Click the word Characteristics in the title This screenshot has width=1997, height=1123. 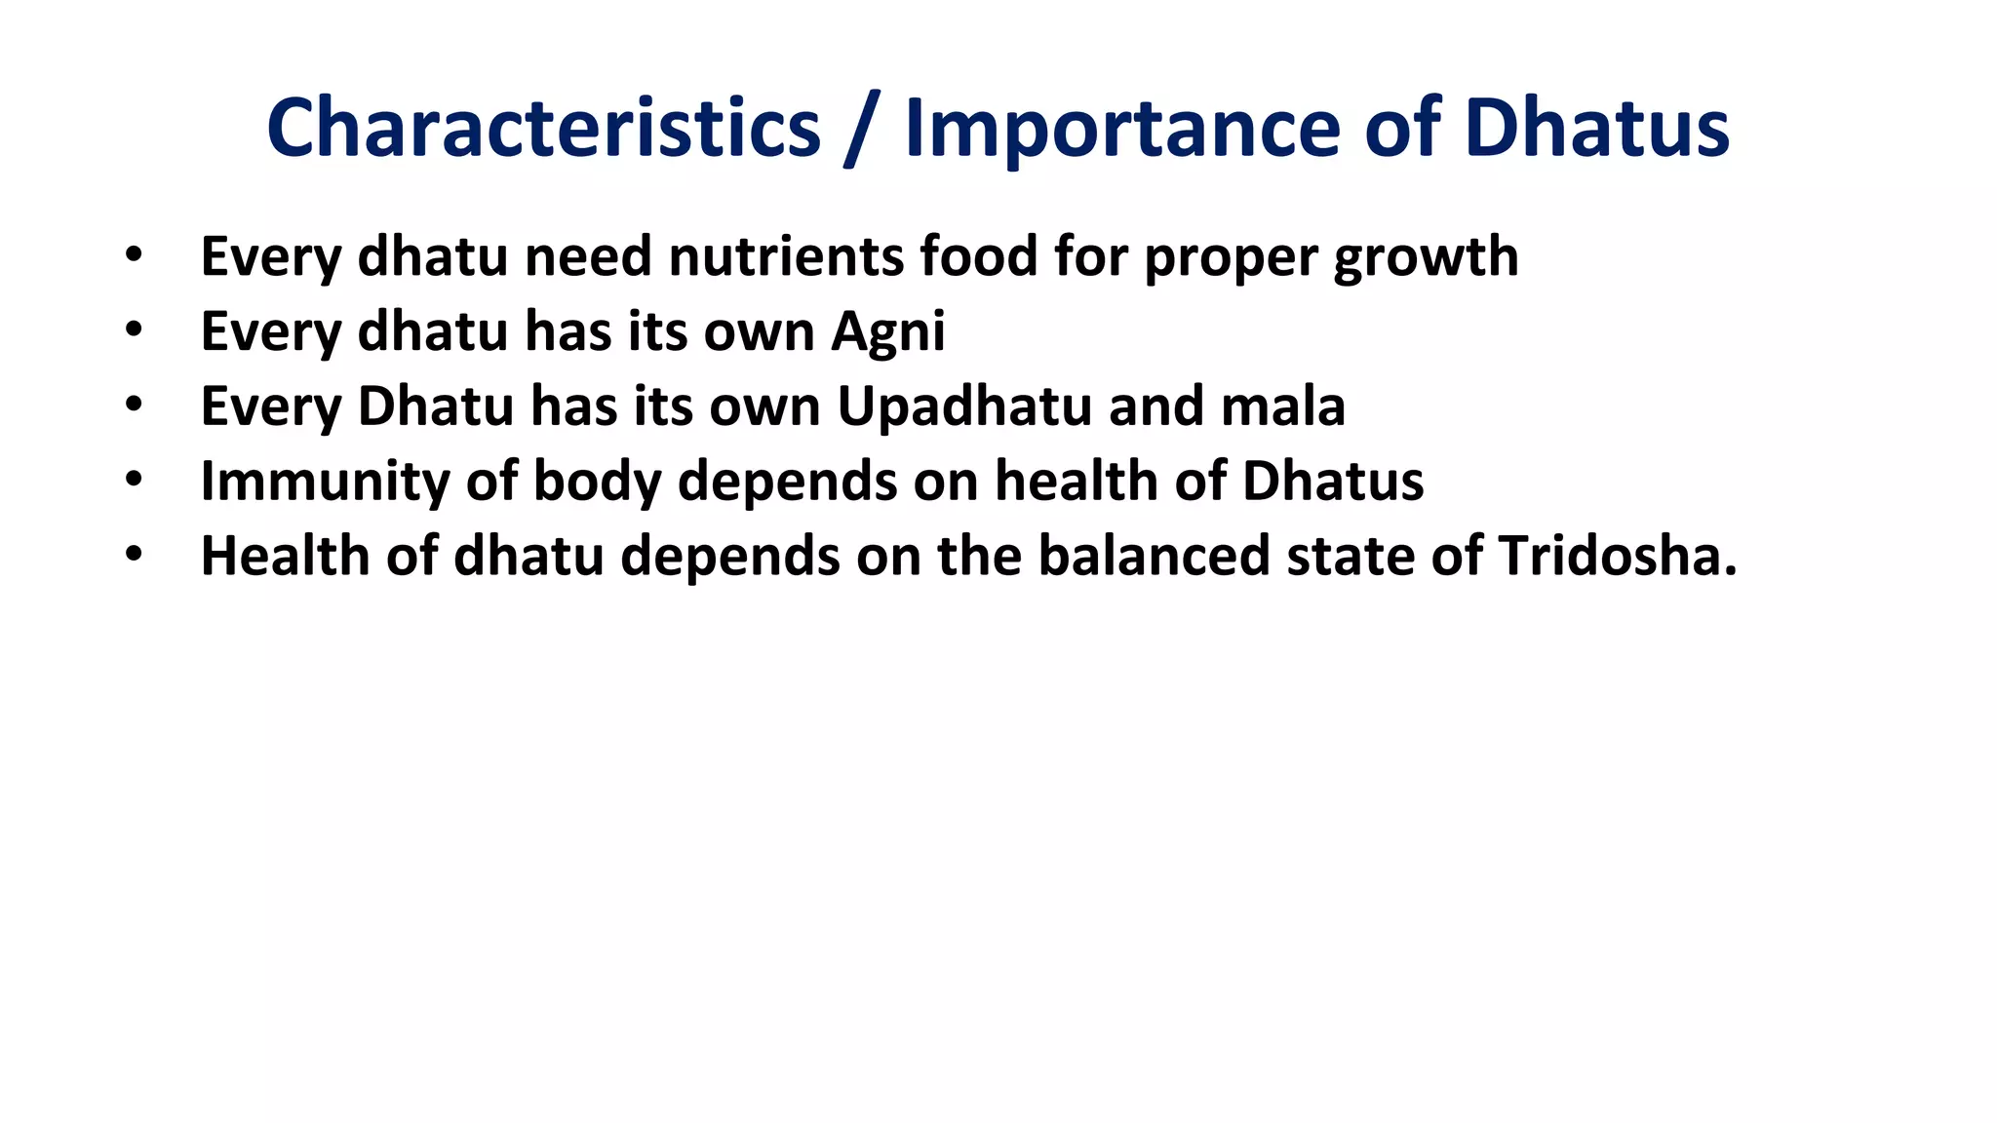click(543, 128)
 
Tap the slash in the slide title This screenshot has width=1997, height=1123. click(862, 130)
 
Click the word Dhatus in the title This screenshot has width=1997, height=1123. click(1596, 128)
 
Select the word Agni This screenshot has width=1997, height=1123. click(888, 332)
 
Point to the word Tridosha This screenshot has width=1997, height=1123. click(1617, 556)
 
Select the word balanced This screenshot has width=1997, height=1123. click(1153, 556)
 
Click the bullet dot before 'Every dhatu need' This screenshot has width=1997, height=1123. click(134, 256)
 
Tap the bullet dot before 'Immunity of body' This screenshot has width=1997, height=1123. click(134, 480)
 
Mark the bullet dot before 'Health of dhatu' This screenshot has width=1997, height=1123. click(134, 555)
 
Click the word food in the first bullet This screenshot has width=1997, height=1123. click(978, 256)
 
